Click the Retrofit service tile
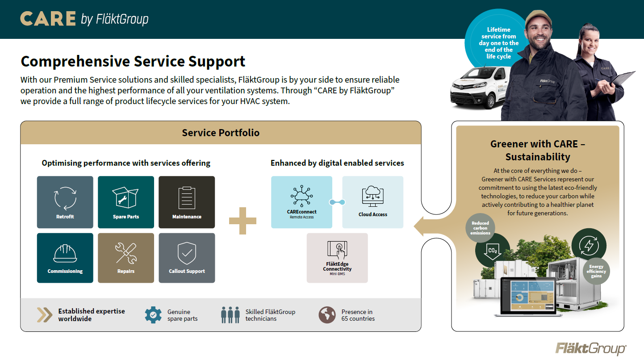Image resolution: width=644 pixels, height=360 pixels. (65, 202)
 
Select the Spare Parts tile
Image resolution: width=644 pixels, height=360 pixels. (126, 202)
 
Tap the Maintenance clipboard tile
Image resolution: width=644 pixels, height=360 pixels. (187, 202)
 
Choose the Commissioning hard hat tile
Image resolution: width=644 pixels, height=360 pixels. (65, 258)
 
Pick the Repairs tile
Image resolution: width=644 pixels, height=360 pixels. (126, 258)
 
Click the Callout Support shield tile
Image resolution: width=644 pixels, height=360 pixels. (187, 258)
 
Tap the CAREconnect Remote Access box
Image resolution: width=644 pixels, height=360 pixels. (301, 202)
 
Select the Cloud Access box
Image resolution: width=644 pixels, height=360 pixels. (373, 202)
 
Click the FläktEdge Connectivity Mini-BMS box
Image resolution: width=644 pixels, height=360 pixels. (337, 258)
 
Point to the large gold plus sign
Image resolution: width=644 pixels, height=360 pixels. (243, 220)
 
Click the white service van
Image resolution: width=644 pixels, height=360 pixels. (478, 87)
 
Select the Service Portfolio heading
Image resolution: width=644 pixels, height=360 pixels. (221, 133)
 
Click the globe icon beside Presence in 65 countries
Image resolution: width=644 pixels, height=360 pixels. (327, 315)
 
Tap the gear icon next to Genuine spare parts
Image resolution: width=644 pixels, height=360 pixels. (153, 315)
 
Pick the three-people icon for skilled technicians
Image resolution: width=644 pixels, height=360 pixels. (230, 315)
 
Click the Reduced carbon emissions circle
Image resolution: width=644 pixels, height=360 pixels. (481, 228)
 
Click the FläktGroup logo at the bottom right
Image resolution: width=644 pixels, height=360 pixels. (590, 348)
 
